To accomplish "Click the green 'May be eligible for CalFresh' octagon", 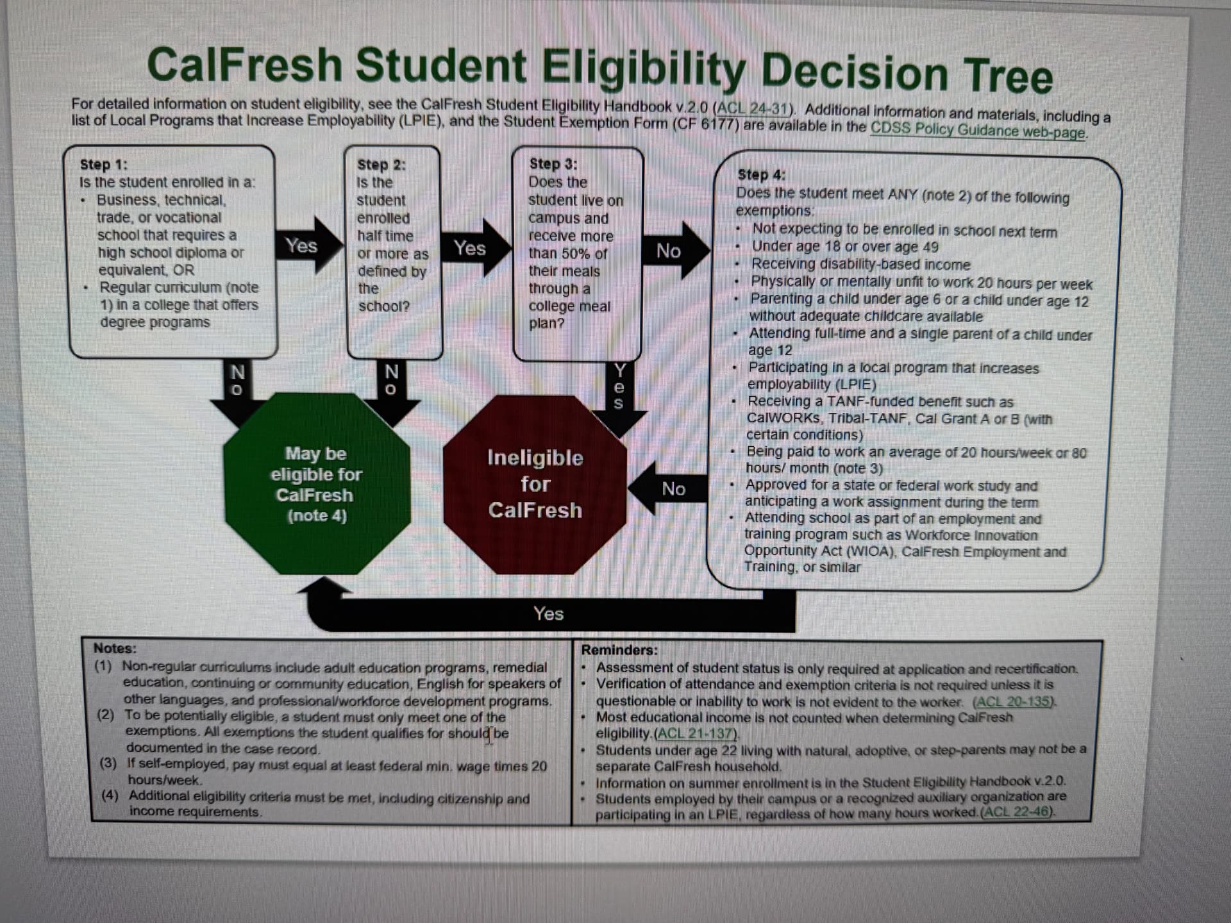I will (x=316, y=484).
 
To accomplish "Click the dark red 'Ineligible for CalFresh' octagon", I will (x=535, y=484).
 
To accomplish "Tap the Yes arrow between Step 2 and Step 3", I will (x=471, y=248).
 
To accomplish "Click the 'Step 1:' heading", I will (x=103, y=165).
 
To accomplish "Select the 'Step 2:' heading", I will (x=381, y=165).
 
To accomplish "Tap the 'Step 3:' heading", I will (x=553, y=164).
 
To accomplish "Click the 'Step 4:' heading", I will (x=761, y=174).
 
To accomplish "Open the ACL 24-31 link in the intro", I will (x=754, y=108).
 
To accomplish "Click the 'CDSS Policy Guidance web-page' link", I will (x=977, y=130).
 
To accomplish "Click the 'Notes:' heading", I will (x=115, y=648).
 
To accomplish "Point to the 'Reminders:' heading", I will (x=619, y=650).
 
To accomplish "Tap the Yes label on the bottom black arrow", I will (x=548, y=613).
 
